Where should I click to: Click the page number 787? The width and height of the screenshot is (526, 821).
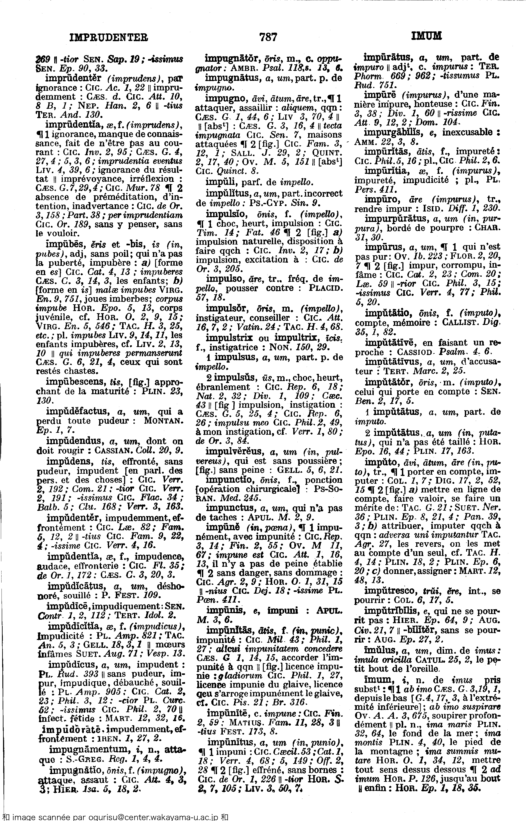click(268, 36)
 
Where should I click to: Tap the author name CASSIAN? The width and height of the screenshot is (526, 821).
click(114, 450)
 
